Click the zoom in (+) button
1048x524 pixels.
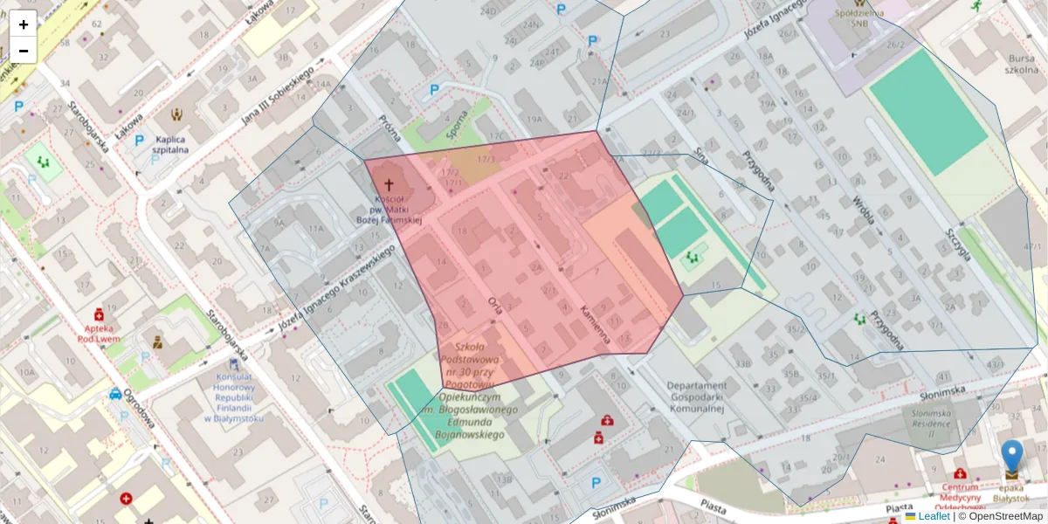tap(24, 24)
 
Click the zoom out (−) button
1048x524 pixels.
tap(24, 51)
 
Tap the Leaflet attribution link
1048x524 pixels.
tap(934, 516)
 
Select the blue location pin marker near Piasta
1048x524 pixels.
tap(1011, 458)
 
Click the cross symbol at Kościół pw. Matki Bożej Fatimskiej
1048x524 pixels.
tap(389, 186)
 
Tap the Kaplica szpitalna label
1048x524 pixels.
tap(172, 144)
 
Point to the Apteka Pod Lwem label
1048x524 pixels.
tap(98, 333)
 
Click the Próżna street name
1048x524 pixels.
tap(390, 131)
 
